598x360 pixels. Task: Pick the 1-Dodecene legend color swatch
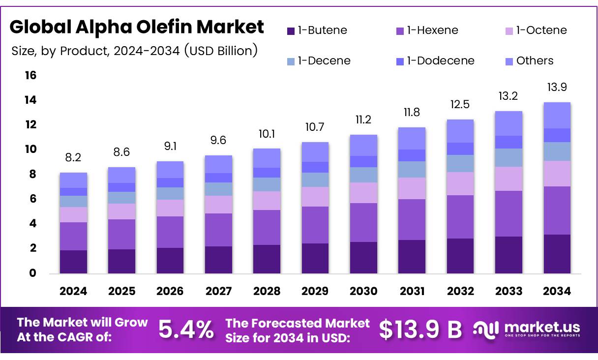(x=400, y=61)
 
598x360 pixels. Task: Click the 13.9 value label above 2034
(x=557, y=87)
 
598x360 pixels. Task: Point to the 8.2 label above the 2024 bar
(x=73, y=158)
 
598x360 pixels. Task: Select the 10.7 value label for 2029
(x=315, y=127)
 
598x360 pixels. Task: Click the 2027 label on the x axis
(x=218, y=291)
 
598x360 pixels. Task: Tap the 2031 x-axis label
(x=412, y=291)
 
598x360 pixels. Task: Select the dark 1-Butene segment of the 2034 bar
(x=557, y=254)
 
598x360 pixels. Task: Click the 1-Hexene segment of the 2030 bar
(x=363, y=222)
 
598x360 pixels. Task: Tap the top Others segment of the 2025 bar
(x=121, y=175)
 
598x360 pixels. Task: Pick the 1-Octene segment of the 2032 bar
(x=460, y=183)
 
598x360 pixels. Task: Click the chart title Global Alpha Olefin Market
(x=137, y=27)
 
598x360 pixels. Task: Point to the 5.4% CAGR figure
(x=186, y=330)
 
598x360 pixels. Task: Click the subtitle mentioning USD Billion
(x=134, y=51)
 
